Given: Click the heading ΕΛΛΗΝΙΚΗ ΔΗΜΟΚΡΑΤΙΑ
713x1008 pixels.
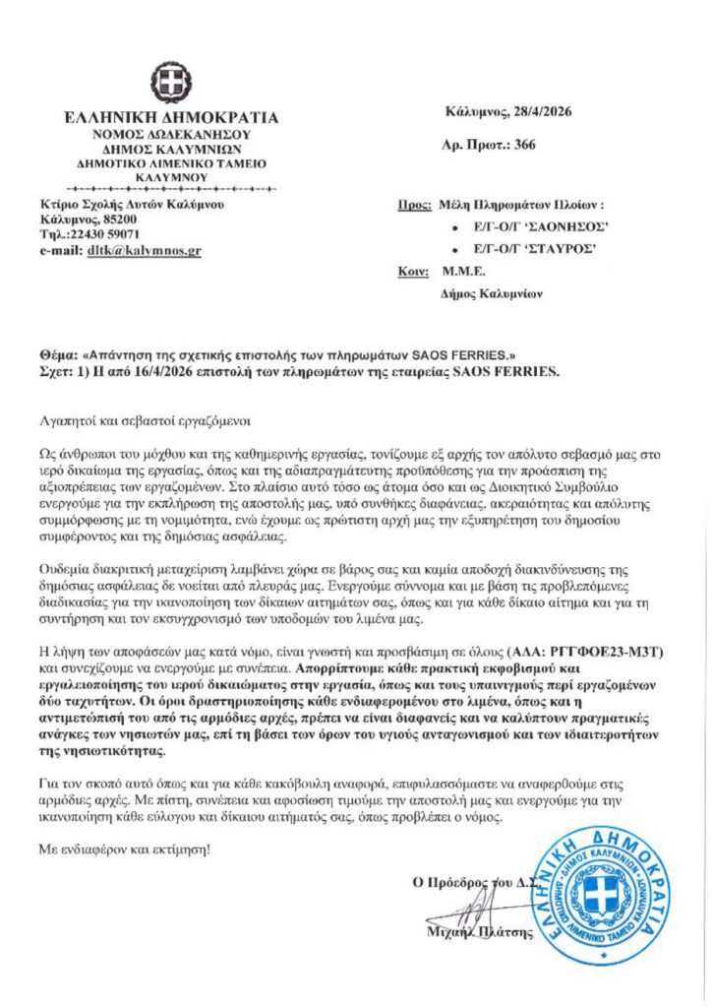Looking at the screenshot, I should click(170, 117).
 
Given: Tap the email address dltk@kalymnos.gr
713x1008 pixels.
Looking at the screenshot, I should click(147, 251).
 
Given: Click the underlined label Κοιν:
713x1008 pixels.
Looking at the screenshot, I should click(413, 271).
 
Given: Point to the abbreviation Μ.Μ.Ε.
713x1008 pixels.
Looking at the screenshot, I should click(462, 271).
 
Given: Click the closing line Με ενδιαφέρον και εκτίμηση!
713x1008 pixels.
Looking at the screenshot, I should click(123, 848).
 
